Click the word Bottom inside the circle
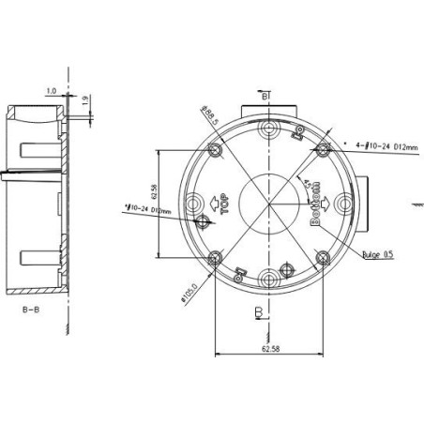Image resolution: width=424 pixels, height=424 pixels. click(x=316, y=202)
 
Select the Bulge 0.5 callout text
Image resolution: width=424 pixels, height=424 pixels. click(x=377, y=253)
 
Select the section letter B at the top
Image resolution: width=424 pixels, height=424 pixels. click(x=265, y=97)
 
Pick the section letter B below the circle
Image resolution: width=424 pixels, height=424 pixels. click(x=256, y=311)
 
